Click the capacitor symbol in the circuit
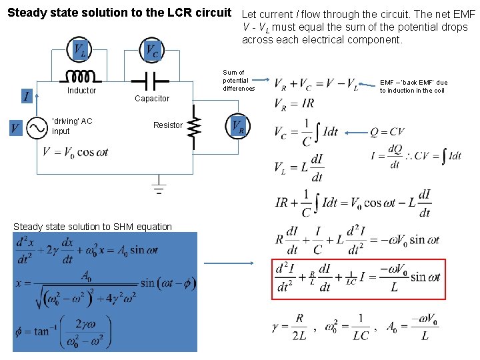pyautogui.click(x=151, y=81)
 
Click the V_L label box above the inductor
pyautogui.click(x=79, y=49)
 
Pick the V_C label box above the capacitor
pyautogui.click(x=152, y=49)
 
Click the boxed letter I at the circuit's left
pyautogui.click(x=26, y=97)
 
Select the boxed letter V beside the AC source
pyautogui.click(x=14, y=127)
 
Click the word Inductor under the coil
pyautogui.click(x=81, y=91)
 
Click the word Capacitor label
pyautogui.click(x=152, y=99)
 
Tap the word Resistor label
pyautogui.click(x=167, y=125)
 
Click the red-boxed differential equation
pyautogui.click(x=358, y=277)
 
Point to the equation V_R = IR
pyautogui.click(x=294, y=104)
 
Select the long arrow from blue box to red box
pyautogui.click(x=229, y=263)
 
